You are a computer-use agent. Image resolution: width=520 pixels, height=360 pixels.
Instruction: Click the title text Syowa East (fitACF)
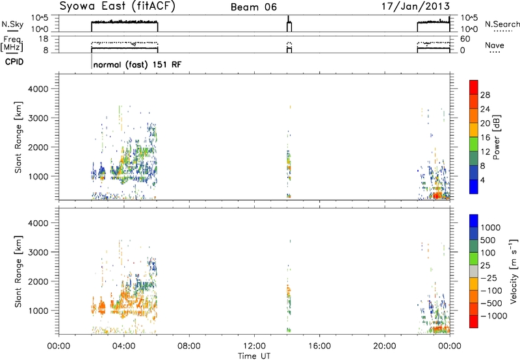(117, 6)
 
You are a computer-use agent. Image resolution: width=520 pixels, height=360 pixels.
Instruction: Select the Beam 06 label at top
(253, 7)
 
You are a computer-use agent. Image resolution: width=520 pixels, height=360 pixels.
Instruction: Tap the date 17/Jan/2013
(415, 6)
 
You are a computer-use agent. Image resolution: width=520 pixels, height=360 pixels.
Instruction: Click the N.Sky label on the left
(12, 24)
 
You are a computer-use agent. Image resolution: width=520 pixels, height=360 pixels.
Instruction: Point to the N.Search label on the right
(502, 24)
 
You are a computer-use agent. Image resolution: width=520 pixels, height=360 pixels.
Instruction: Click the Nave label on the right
(495, 45)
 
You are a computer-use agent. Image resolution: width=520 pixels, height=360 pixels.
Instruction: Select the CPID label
(14, 62)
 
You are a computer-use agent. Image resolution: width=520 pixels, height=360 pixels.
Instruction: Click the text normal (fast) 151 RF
(138, 64)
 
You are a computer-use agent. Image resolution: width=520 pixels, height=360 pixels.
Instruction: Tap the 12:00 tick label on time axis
(254, 346)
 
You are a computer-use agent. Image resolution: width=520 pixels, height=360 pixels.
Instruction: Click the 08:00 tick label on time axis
(189, 346)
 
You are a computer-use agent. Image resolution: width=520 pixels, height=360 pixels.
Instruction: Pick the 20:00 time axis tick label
(385, 346)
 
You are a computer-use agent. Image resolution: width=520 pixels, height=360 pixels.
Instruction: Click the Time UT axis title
(254, 356)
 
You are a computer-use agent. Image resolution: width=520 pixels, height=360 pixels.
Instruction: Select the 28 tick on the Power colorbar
(485, 95)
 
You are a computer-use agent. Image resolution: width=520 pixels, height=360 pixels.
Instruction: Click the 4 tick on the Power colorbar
(482, 180)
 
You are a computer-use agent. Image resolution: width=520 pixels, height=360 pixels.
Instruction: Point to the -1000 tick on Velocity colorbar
(494, 316)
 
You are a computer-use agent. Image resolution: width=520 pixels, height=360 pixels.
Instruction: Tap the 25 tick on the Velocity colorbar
(485, 265)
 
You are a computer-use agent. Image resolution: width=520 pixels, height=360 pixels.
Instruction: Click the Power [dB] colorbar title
(496, 137)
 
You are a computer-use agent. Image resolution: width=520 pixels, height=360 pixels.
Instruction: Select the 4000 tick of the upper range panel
(38, 89)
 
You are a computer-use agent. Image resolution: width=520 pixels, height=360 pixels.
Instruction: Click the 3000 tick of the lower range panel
(38, 252)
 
